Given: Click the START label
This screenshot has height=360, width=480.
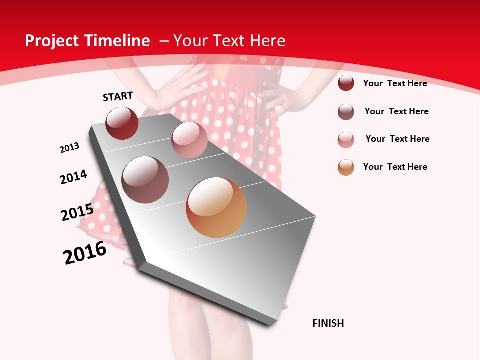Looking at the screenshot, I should tap(118, 96).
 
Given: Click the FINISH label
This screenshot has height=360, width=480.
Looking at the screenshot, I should tap(328, 323).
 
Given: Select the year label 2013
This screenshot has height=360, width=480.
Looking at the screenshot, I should tap(69, 148).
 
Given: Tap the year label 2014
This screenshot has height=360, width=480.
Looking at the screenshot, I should tap(73, 177).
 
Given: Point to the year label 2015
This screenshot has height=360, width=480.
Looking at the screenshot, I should tap(77, 212).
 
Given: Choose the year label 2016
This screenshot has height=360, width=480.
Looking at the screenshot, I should tap(85, 253).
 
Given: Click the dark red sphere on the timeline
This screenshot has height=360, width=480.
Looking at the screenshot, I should tap(122, 123).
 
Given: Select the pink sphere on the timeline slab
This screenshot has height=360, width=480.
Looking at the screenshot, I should tap(189, 140).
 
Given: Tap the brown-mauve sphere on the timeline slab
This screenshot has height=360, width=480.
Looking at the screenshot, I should tap(145, 180).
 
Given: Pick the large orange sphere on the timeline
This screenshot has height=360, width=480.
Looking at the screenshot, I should tap(216, 207).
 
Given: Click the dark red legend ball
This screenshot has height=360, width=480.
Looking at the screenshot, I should tap(346, 83).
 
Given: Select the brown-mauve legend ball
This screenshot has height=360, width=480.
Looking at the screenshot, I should tap(346, 112).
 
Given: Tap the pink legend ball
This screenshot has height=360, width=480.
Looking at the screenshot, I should tap(346, 140).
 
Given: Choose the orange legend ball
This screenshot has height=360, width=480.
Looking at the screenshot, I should tap(346, 167).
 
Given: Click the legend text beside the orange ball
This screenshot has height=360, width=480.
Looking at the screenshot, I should tap(395, 167).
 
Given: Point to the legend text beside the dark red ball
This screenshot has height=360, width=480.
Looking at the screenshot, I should tap(395, 83).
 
